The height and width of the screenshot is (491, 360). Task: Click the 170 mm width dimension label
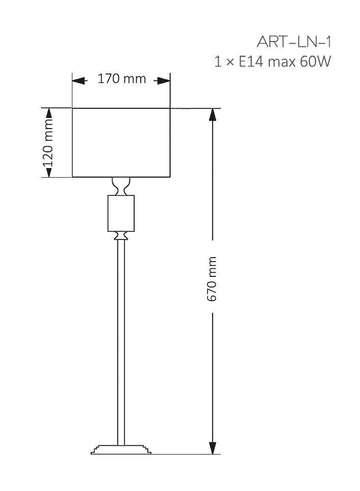pos(122,79)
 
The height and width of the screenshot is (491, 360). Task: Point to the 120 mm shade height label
pos(48,143)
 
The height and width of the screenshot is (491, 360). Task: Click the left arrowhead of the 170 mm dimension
pos(77,80)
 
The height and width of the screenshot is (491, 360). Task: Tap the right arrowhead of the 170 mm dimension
pos(164,80)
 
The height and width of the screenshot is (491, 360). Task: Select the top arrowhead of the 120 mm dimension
pos(49,113)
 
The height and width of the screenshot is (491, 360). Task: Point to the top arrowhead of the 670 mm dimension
pos(213,114)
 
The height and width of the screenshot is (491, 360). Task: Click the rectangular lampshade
pos(121,142)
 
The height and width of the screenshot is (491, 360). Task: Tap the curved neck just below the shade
pos(121,186)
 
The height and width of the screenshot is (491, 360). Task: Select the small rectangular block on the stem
pos(121,213)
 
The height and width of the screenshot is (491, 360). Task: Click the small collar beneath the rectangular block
pos(121,235)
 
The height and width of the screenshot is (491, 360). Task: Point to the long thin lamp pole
pos(121,339)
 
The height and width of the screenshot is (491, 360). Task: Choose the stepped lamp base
pos(121,450)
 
